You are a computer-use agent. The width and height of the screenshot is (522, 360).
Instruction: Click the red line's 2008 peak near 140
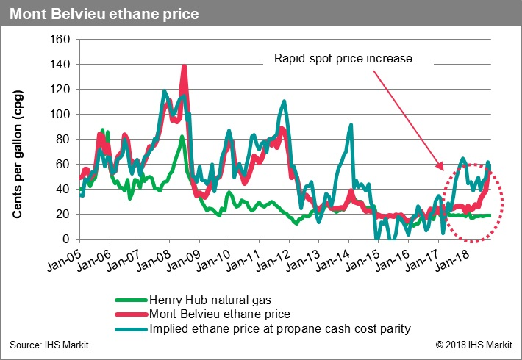(183, 67)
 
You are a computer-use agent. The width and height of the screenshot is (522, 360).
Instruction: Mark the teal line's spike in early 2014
(351, 126)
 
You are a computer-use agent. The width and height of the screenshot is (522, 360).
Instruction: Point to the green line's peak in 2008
(182, 137)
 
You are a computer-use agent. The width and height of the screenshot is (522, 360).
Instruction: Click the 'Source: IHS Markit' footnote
(46, 344)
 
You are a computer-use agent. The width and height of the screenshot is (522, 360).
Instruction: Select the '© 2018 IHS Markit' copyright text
(473, 344)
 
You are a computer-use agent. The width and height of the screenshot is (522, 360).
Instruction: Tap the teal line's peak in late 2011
(283, 100)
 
